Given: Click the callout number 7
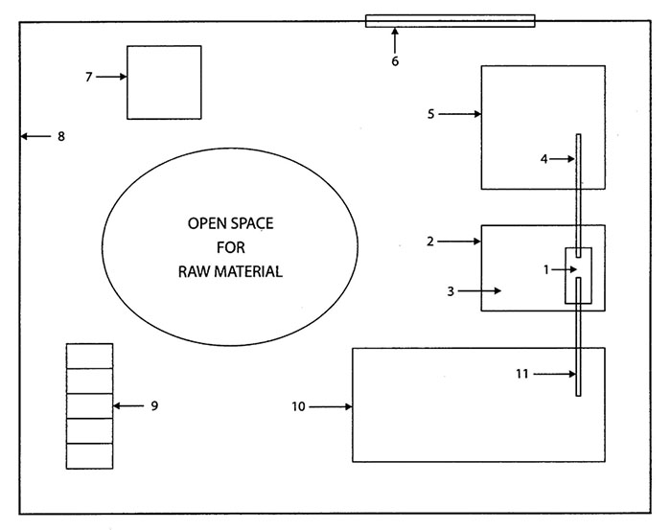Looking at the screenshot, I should coord(88,77).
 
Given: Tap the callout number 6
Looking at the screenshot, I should coord(394,61).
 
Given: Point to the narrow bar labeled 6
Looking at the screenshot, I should coord(450,20).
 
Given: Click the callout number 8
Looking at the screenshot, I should coord(60,136).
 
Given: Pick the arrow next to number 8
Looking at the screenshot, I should coord(36,136).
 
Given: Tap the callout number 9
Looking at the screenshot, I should coord(153,406).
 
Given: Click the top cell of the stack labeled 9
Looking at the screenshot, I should coord(89,356).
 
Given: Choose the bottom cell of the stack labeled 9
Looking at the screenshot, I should coord(89,456).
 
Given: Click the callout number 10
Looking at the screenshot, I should coord(298,407).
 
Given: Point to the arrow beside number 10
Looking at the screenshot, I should coord(331,407).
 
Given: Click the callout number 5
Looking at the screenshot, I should coord(430,114).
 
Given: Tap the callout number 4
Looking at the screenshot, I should coord(544,159).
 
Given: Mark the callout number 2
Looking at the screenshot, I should coord(430,242).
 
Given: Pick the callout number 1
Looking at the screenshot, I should coord(546,270).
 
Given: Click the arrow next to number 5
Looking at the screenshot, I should coord(460,114).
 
